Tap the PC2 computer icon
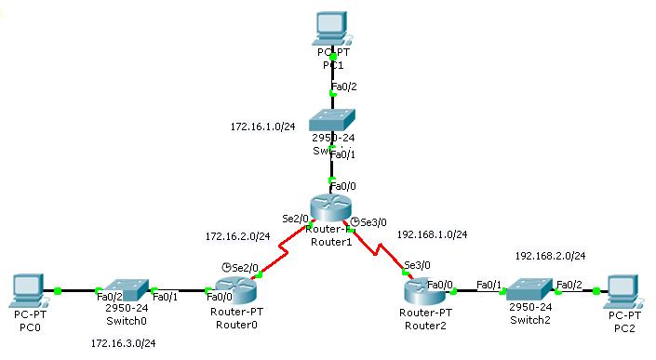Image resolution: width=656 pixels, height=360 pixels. tap(624, 291)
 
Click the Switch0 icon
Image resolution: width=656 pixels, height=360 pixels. tap(126, 290)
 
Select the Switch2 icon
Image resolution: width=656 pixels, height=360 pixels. tap(528, 292)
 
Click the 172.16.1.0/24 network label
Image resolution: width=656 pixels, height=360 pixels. tap(263, 126)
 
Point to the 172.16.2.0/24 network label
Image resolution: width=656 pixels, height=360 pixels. tap(237, 236)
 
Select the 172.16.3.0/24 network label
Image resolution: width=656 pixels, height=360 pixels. tap(123, 343)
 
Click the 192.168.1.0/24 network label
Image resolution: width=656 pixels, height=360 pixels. tap(432, 234)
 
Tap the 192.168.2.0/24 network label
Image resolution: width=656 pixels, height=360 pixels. tap(550, 255)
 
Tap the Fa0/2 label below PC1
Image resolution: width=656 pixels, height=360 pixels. tap(343, 87)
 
